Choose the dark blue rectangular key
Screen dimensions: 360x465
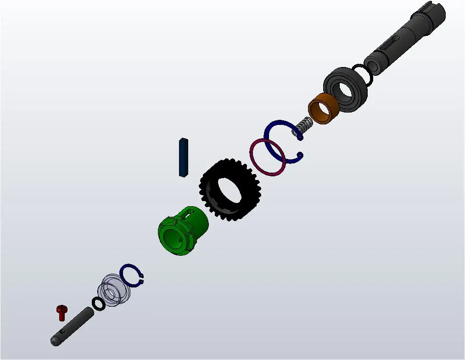point(184,157)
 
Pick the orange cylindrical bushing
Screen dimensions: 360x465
point(323,109)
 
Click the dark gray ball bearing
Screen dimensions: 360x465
point(345,90)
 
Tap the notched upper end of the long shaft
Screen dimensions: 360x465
point(434,14)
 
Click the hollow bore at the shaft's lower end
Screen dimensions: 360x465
point(373,65)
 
